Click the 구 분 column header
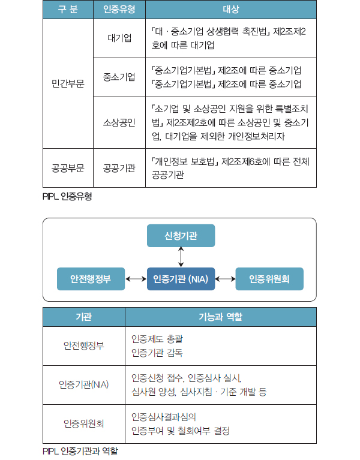tap(68, 10)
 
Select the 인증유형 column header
tap(119, 10)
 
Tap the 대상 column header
tap(230, 10)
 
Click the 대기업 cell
tap(119, 38)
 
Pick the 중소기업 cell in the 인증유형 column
tap(119, 77)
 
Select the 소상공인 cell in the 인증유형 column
tap(119, 122)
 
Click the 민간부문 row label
tap(68, 83)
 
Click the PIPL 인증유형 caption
tap(67, 196)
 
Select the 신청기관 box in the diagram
tap(181, 234)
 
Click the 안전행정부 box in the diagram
tap(91, 279)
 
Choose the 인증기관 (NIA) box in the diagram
tap(181, 279)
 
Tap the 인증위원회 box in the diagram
tap(269, 279)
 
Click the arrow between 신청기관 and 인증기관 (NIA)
tap(181, 257)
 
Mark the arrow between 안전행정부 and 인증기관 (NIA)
tap(136, 279)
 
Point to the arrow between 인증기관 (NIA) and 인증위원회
tap(225, 279)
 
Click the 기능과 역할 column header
tap(220, 316)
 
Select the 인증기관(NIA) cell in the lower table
tap(83, 384)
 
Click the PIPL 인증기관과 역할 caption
tap(80, 451)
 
